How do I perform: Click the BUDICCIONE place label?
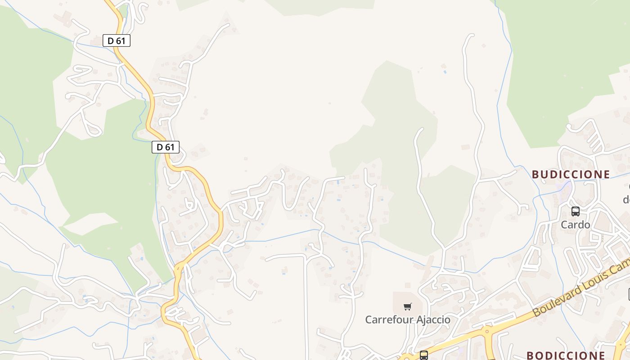click(x=571, y=174)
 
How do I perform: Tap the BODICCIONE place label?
click(x=566, y=355)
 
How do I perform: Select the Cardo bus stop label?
click(x=575, y=224)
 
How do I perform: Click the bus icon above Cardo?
click(x=575, y=211)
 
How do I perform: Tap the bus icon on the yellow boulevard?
click(x=423, y=355)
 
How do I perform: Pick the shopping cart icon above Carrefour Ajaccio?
click(x=407, y=307)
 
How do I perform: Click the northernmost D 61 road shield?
click(x=117, y=40)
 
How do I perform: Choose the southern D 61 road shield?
click(x=166, y=147)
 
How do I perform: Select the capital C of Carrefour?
click(x=369, y=319)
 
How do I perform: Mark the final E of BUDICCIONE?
click(x=606, y=174)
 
